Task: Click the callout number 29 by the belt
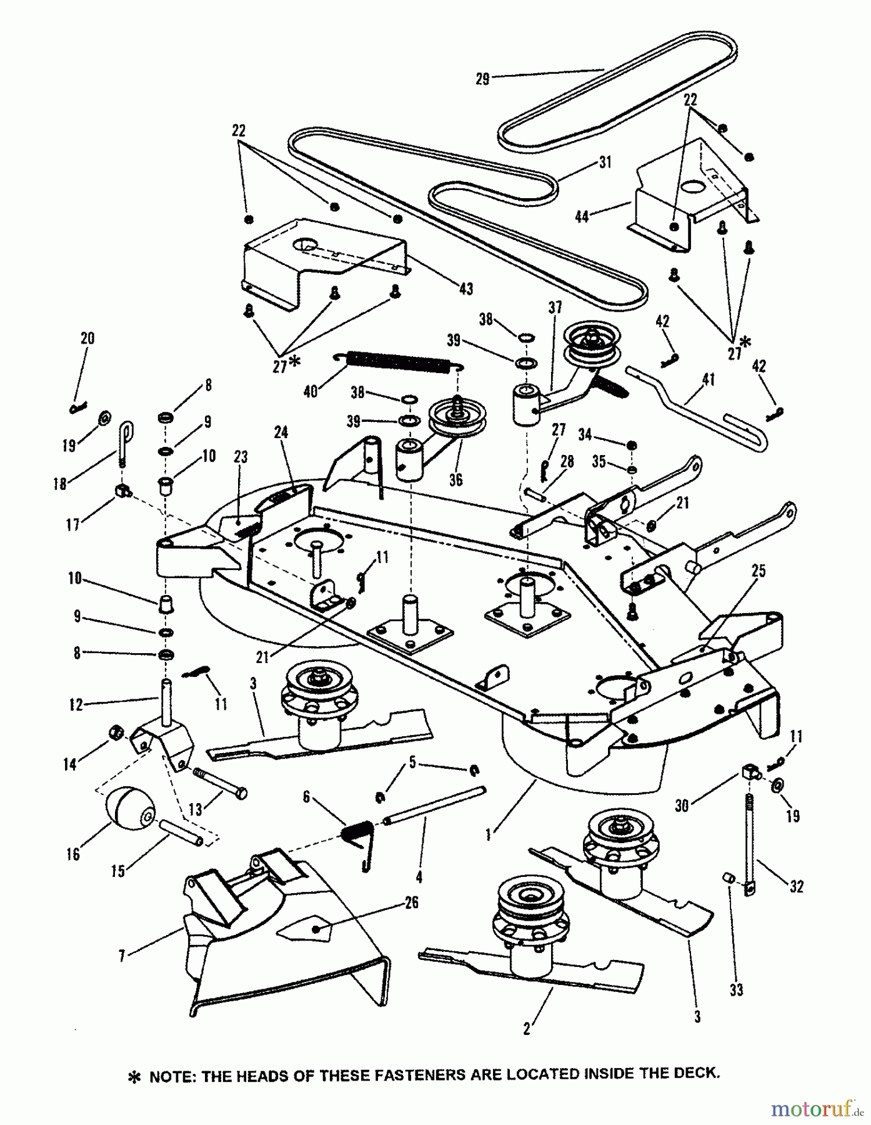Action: click(x=482, y=79)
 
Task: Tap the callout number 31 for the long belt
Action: click(x=604, y=162)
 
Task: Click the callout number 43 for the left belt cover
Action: click(x=465, y=289)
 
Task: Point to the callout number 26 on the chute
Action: click(x=411, y=902)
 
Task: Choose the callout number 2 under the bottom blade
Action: click(x=527, y=1029)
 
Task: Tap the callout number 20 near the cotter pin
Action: click(x=87, y=338)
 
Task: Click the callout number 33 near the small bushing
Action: click(x=737, y=990)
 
